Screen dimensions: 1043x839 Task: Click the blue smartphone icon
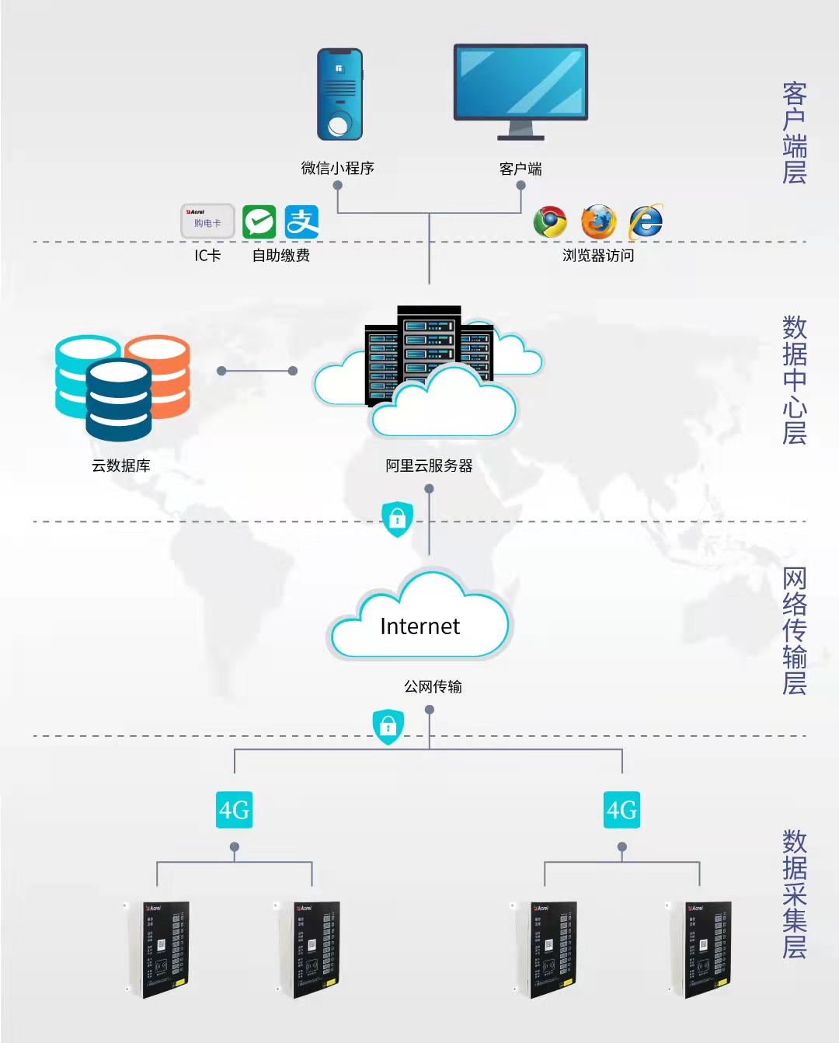(339, 94)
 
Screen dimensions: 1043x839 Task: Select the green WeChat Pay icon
(259, 222)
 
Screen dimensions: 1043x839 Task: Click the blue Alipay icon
(301, 222)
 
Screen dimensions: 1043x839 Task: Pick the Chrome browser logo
(550, 222)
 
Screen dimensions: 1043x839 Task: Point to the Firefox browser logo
(598, 222)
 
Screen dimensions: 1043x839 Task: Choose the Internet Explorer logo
(646, 222)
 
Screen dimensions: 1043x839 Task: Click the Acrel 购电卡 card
(207, 222)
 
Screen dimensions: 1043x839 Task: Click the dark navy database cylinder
(118, 400)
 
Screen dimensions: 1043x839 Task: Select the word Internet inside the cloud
(419, 626)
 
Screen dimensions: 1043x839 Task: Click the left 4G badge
(234, 810)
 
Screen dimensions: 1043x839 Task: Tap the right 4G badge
(621, 810)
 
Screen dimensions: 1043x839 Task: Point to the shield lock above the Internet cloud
(397, 518)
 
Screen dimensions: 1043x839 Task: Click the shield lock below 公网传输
(388, 727)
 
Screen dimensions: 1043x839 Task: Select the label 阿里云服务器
(429, 466)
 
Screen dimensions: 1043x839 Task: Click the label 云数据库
(121, 466)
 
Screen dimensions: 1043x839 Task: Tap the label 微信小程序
(338, 168)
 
